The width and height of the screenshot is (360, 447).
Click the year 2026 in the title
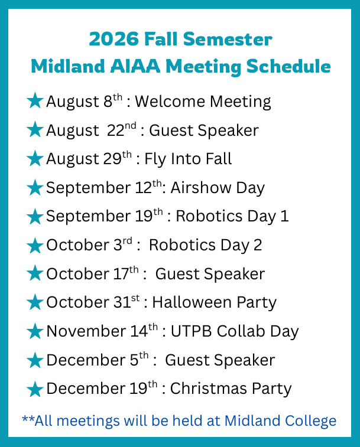[x=114, y=39]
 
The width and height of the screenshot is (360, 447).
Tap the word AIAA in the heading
[x=135, y=66]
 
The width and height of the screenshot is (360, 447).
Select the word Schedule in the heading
[x=288, y=66]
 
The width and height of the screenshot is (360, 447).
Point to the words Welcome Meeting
[x=203, y=102]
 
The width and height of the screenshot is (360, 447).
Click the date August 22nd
[x=92, y=130]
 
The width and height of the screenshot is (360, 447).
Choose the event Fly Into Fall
[x=188, y=159]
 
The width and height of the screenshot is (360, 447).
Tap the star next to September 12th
[x=35, y=187]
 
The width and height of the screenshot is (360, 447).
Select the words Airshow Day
[x=218, y=188]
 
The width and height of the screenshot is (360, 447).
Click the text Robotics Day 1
[x=232, y=216]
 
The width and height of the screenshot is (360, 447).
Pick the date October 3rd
[x=89, y=245]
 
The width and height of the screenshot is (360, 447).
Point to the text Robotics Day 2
[x=205, y=246]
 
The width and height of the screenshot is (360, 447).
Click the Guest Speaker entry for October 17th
[x=210, y=274]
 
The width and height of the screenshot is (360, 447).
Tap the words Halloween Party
[x=215, y=303]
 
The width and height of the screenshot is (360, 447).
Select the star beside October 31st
[x=35, y=302]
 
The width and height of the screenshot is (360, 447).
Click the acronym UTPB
[x=192, y=331]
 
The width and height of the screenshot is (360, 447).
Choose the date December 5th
[x=98, y=360]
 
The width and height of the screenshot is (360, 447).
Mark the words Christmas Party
[x=231, y=389]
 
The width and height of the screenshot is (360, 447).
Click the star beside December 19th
[x=35, y=389]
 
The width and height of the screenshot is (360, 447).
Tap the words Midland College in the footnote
[x=280, y=422]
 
